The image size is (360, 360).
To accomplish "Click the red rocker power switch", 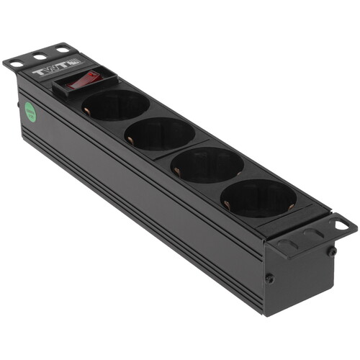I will click(84, 79).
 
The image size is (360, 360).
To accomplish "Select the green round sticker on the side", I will click(30, 111).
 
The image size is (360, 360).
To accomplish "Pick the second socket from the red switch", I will click(160, 133).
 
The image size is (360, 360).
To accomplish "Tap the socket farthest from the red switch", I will click(258, 197).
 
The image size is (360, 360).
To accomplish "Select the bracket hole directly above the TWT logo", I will click(63, 50).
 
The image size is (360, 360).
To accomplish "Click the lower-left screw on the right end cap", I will click(269, 278).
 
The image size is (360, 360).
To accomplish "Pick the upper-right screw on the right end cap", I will click(332, 251).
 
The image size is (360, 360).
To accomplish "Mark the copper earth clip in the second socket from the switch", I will click(131, 139).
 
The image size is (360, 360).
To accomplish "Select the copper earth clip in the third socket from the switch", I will click(176, 169).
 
